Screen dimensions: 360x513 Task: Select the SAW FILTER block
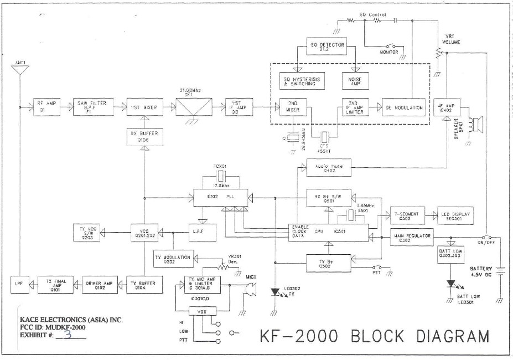(94, 106)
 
